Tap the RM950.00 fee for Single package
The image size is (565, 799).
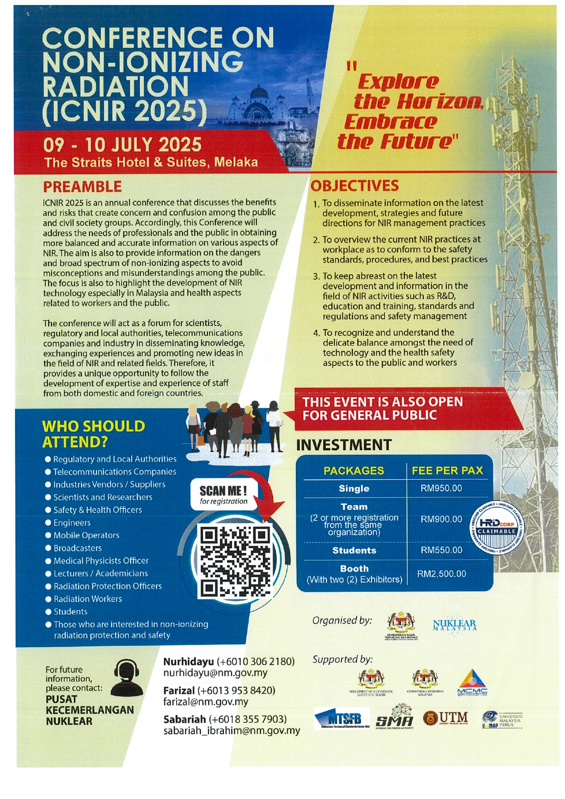click(441, 488)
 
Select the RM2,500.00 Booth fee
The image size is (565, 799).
click(441, 574)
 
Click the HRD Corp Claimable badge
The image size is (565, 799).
click(497, 528)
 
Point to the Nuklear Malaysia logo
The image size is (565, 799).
click(454, 625)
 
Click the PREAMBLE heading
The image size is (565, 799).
click(82, 187)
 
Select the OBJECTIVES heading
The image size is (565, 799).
click(355, 186)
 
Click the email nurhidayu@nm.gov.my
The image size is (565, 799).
click(215, 673)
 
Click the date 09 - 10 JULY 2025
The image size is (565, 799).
click(122, 145)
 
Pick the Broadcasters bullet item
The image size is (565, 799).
click(77, 548)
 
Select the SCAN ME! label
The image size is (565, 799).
click(223, 491)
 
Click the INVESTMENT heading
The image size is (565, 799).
click(344, 445)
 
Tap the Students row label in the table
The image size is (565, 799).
click(354, 550)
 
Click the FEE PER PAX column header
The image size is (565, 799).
click(447, 471)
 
